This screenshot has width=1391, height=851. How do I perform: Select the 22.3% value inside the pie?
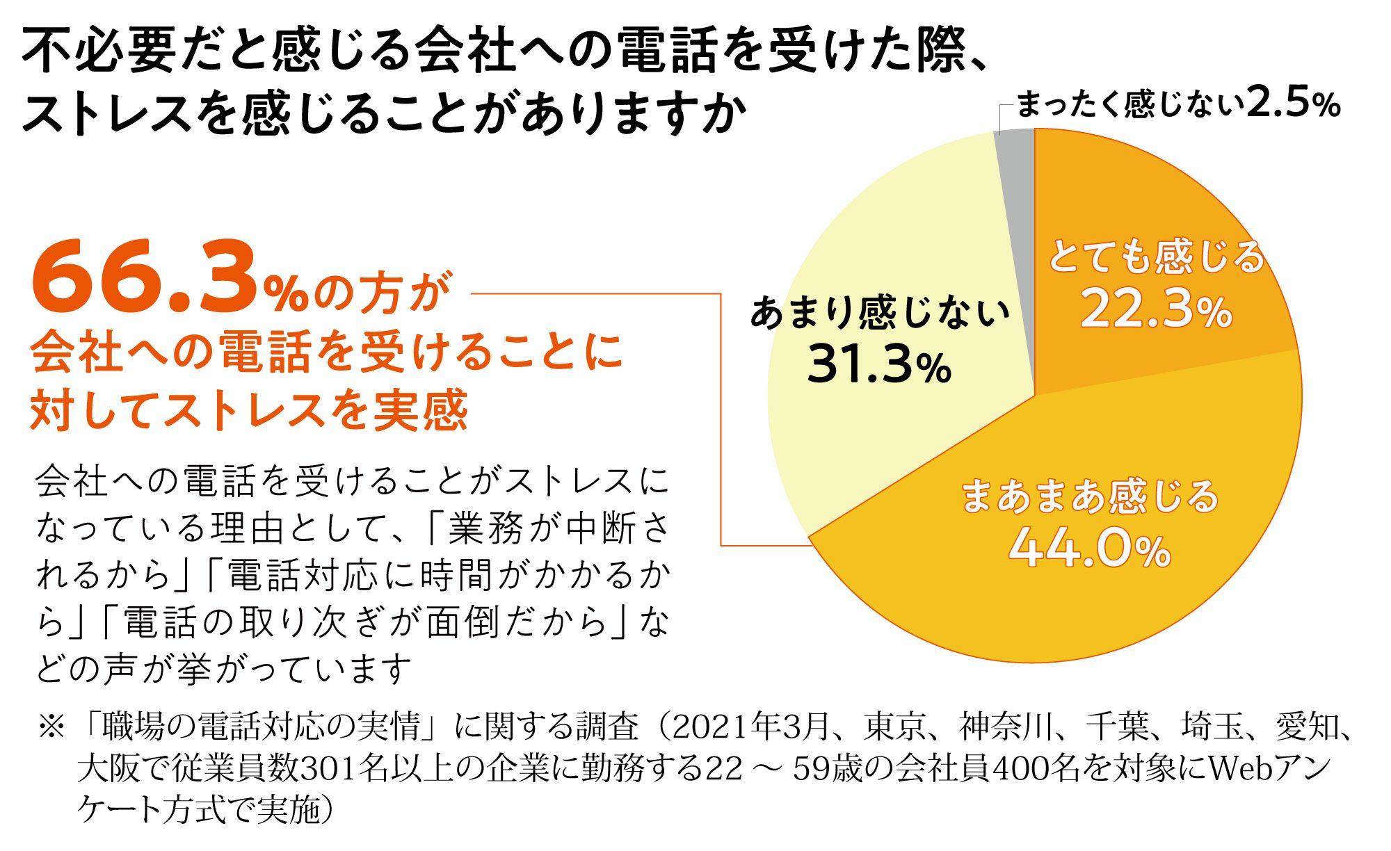tap(1156, 309)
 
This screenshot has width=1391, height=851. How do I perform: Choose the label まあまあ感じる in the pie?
tap(1090, 496)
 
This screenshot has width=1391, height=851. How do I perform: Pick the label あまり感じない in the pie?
tap(880, 312)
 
